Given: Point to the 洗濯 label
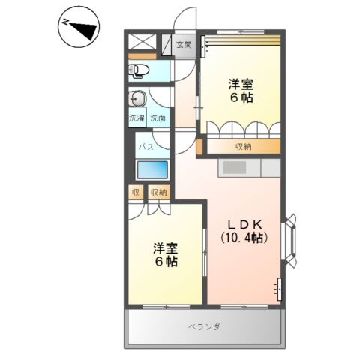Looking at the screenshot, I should coord(136,118).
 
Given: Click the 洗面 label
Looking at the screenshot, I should coord(157,118).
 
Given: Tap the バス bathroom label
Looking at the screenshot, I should coord(145,146).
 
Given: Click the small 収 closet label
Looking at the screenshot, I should coord(136,193).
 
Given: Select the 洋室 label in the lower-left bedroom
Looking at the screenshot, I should coord(166,247).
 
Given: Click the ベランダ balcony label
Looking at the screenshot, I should coord(203,327).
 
